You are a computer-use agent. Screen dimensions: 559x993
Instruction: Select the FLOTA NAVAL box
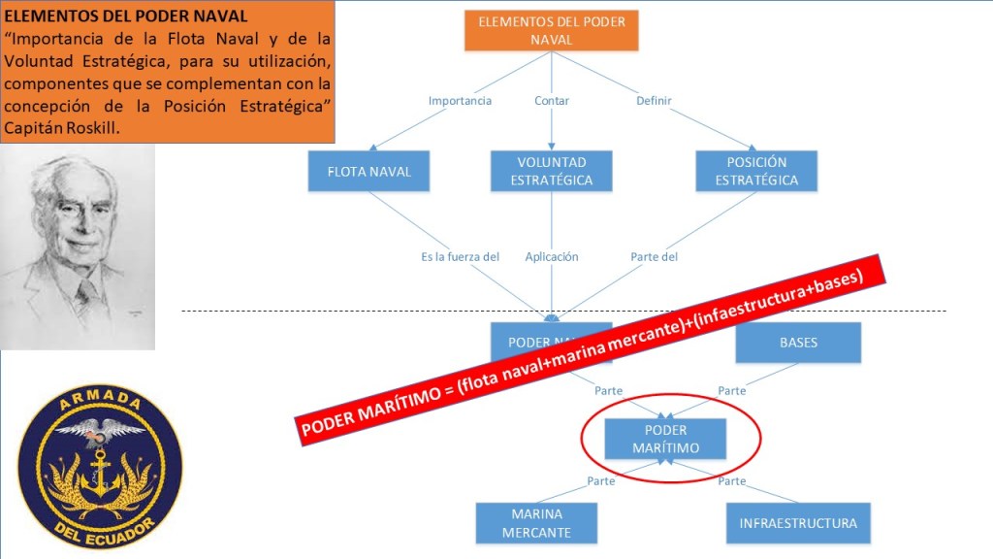[x=369, y=172]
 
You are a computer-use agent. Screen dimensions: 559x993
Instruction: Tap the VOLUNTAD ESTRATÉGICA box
[x=551, y=171]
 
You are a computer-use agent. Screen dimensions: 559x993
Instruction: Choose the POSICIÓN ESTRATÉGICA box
[x=756, y=171]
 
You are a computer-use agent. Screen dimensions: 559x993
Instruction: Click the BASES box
[x=798, y=343]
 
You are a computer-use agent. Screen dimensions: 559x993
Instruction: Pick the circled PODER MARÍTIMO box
[x=665, y=439]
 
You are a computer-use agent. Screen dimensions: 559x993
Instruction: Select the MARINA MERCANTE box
[x=536, y=522]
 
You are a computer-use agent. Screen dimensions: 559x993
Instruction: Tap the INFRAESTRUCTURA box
[x=798, y=523]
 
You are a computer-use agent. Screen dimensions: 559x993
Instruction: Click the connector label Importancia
[x=460, y=101]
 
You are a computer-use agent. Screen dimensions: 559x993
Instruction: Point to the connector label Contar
[x=552, y=101]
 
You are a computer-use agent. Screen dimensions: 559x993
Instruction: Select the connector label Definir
[x=654, y=101]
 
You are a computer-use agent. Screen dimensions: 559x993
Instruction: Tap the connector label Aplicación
[x=552, y=257]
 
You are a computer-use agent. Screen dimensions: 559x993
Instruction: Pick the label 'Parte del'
[x=655, y=257]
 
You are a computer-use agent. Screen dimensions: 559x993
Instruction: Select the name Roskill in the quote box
[x=90, y=128]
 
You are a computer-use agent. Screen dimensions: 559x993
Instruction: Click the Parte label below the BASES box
[x=732, y=391]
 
